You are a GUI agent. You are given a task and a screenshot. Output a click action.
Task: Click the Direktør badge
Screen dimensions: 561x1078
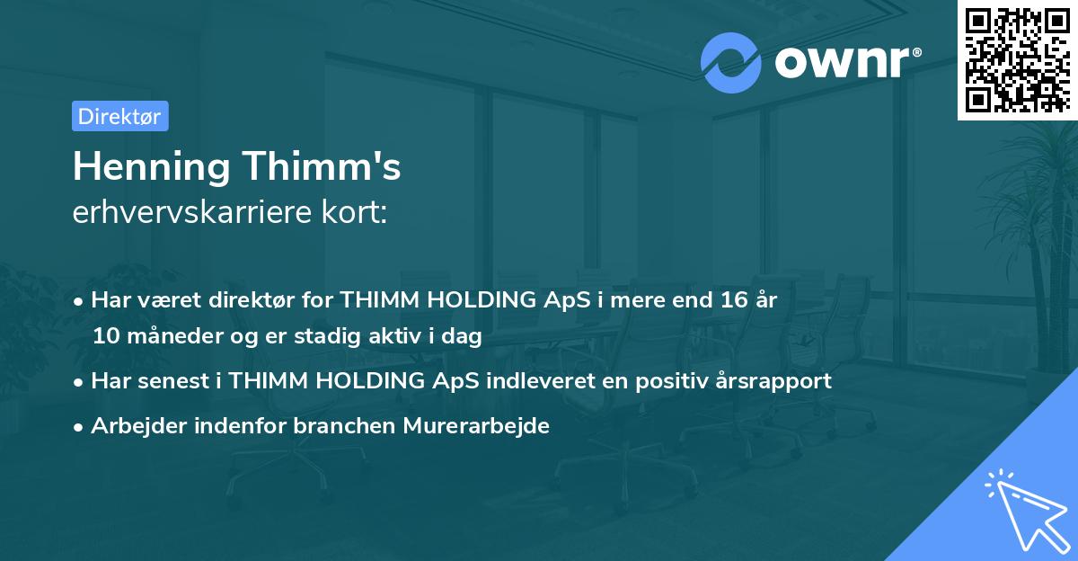119,116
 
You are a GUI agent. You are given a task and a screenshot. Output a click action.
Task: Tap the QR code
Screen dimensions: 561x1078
1017,59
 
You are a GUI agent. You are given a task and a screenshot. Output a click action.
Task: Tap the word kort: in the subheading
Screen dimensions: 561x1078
358,213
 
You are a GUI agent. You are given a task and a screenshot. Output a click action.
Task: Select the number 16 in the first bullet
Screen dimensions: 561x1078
721,300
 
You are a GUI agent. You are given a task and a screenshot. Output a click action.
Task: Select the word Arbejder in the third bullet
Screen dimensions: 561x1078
131,426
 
